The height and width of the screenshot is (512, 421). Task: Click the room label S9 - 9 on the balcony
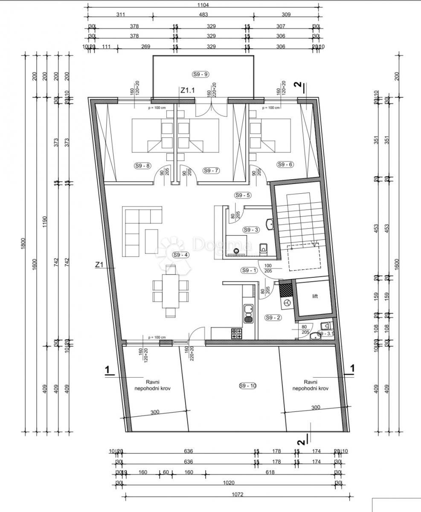tap(200, 74)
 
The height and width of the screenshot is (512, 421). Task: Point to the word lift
tap(315, 296)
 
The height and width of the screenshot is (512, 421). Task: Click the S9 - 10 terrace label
tap(247, 386)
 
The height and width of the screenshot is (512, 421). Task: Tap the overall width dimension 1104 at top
tap(204, 6)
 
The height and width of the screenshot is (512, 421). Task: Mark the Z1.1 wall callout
tap(187, 90)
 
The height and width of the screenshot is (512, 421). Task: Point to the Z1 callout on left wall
tap(99, 265)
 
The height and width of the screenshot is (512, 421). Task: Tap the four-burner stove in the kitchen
tap(236, 334)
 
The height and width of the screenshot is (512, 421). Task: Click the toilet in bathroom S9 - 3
tap(263, 247)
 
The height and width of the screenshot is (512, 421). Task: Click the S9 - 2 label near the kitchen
tap(273, 317)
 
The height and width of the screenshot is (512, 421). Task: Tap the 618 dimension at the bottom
tap(270, 472)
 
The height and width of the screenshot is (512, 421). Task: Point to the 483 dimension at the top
tap(203, 15)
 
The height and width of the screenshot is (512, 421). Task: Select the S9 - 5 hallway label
tap(243, 195)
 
